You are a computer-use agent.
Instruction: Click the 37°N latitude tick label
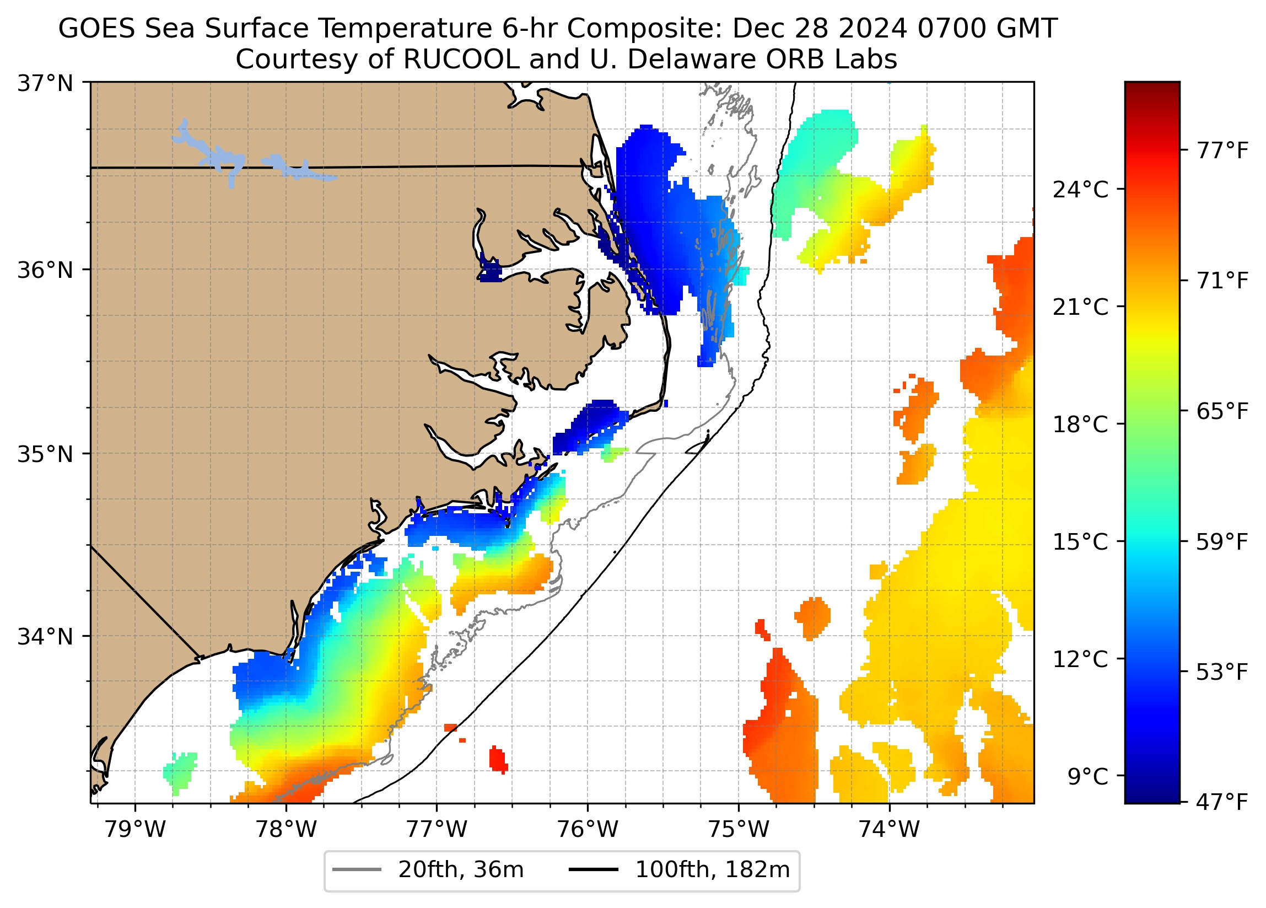coord(45,84)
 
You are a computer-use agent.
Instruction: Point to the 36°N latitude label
coord(45,270)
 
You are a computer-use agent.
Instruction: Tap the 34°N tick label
coord(45,637)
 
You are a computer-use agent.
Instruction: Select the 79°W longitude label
coord(135,830)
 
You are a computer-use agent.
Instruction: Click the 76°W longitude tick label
coord(588,830)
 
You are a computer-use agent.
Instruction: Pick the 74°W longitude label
coord(889,830)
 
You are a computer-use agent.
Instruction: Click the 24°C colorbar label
coord(1080,190)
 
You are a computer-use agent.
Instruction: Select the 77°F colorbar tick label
coord(1222,150)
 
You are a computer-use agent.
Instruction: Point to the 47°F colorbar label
coord(1222,803)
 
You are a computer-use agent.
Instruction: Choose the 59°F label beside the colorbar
coord(1222,542)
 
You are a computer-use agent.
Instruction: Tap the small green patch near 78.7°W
coord(180,771)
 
